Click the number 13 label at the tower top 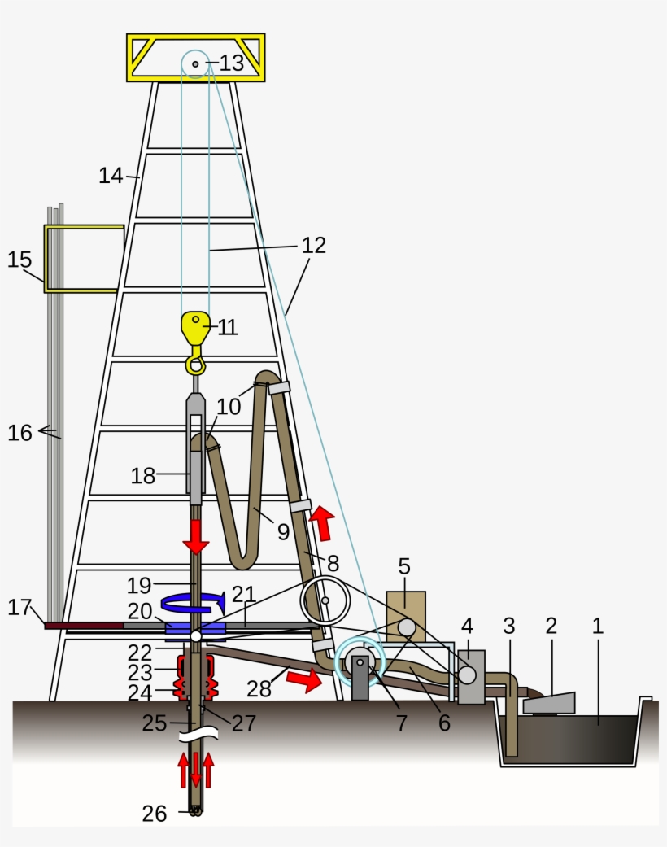232,63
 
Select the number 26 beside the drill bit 155,813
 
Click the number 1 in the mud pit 599,626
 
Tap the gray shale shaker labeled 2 550,702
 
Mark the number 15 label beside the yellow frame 20,260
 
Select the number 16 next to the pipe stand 20,433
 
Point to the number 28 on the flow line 259,688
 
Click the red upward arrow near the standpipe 325,523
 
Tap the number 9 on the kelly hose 283,531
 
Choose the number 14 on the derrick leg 111,175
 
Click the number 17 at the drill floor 20,607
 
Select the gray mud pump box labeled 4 471,677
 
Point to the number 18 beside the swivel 143,476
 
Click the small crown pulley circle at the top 195,63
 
